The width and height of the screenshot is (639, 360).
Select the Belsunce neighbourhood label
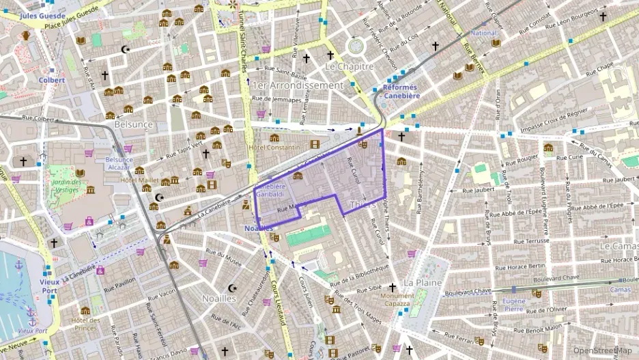click(x=133, y=124)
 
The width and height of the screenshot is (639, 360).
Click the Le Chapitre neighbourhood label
click(x=350, y=67)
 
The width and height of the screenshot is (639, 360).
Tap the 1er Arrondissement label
click(x=297, y=85)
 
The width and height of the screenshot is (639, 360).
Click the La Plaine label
click(x=423, y=282)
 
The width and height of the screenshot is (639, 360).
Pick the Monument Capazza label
click(x=397, y=299)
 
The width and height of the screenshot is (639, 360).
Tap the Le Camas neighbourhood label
click(x=619, y=245)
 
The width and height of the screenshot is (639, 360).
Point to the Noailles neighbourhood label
click(x=219, y=298)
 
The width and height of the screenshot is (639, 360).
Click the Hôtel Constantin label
click(x=274, y=148)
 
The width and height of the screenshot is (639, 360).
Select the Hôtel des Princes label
click(x=86, y=324)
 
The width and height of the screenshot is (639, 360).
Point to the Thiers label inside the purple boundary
click(x=362, y=204)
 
